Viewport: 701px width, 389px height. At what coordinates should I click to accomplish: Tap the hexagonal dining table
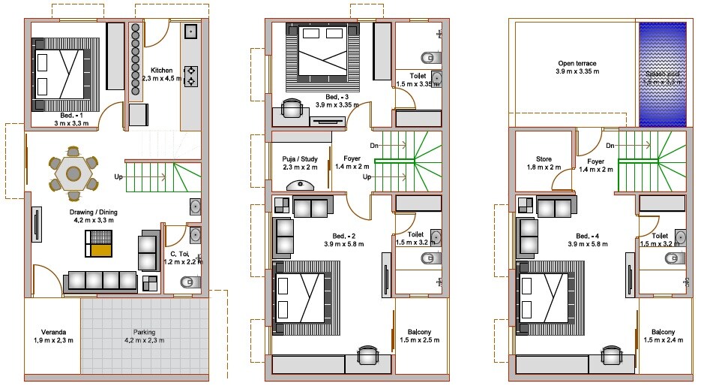point(73,173)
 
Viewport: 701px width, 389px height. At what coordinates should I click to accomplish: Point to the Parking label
point(144,336)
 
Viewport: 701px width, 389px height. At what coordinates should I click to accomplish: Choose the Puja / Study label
point(298,163)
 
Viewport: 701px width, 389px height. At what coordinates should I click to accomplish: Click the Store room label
point(538,163)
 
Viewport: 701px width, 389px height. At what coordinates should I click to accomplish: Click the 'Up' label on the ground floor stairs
point(118,177)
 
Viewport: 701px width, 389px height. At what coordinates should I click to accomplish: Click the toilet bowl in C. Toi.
point(187,283)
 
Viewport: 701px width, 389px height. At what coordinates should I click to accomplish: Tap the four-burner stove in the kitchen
point(191,76)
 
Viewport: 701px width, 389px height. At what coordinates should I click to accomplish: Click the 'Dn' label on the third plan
point(611,145)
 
